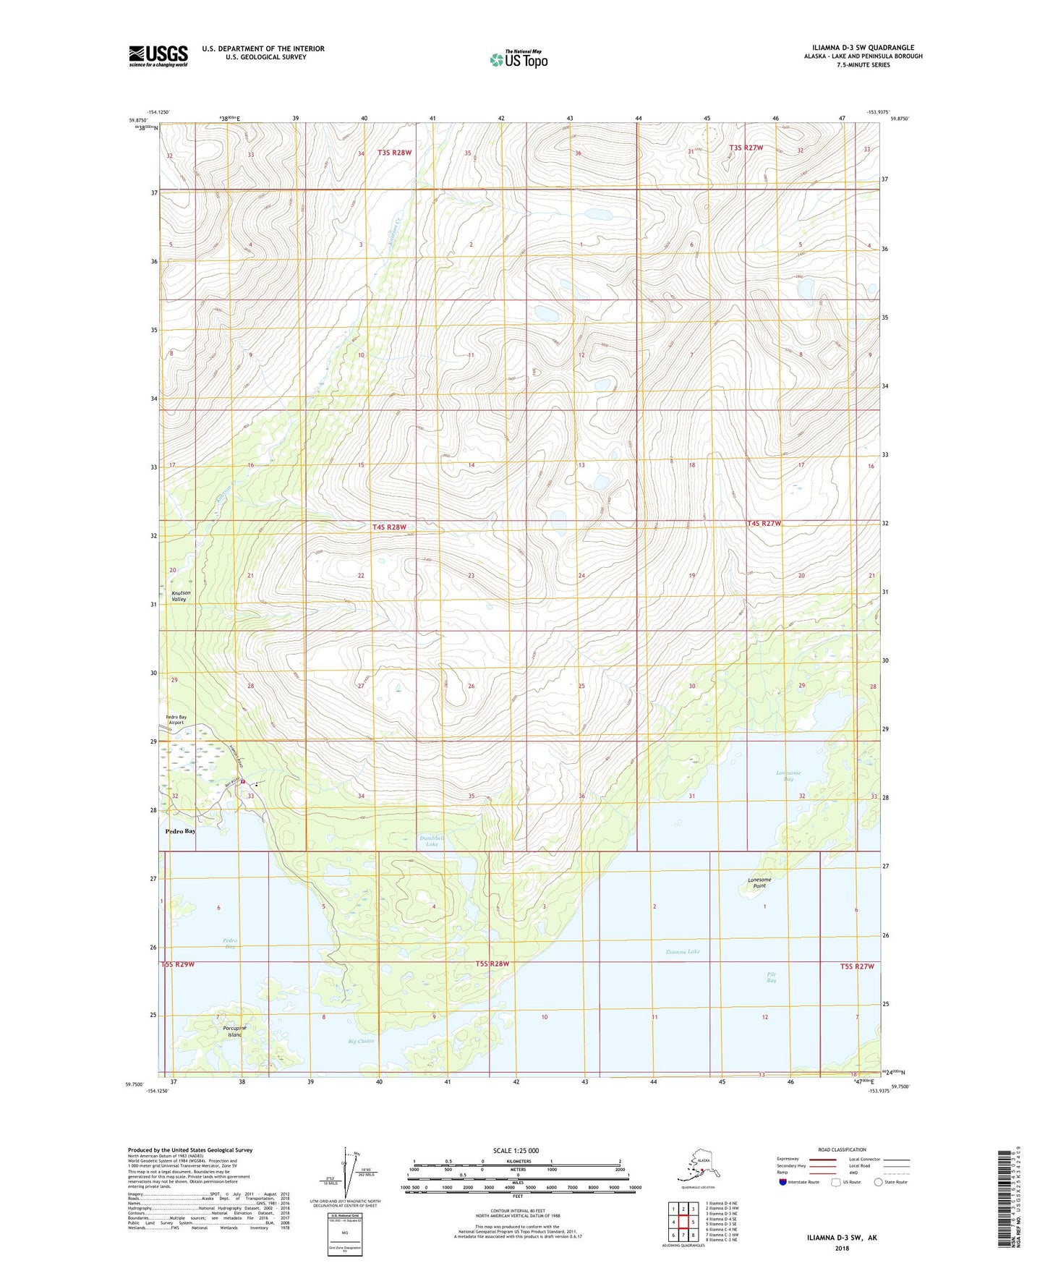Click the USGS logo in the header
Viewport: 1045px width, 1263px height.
click(x=158, y=56)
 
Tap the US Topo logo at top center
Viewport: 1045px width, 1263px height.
click(x=519, y=59)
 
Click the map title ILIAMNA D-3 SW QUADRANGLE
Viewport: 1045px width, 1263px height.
click(x=862, y=48)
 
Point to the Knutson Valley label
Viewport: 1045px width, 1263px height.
click(x=179, y=596)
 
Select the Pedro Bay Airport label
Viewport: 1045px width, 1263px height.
click(x=176, y=720)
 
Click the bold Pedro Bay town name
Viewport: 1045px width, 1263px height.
click(x=180, y=831)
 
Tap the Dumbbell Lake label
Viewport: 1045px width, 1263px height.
click(x=432, y=841)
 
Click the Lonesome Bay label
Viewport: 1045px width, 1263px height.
click(x=788, y=775)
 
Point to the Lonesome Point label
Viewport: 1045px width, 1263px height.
click(x=759, y=883)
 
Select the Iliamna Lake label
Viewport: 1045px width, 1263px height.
click(x=683, y=952)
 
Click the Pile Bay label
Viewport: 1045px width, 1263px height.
click(x=772, y=977)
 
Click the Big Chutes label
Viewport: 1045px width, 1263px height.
click(x=361, y=1042)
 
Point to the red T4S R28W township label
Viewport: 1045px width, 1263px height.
click(x=389, y=527)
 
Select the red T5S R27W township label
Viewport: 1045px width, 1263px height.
click(x=857, y=966)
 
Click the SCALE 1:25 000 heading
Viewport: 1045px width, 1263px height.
click(x=516, y=1151)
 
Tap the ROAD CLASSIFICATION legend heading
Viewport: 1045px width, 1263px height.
click(x=842, y=1149)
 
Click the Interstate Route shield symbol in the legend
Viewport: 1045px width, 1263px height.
click(x=783, y=1182)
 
